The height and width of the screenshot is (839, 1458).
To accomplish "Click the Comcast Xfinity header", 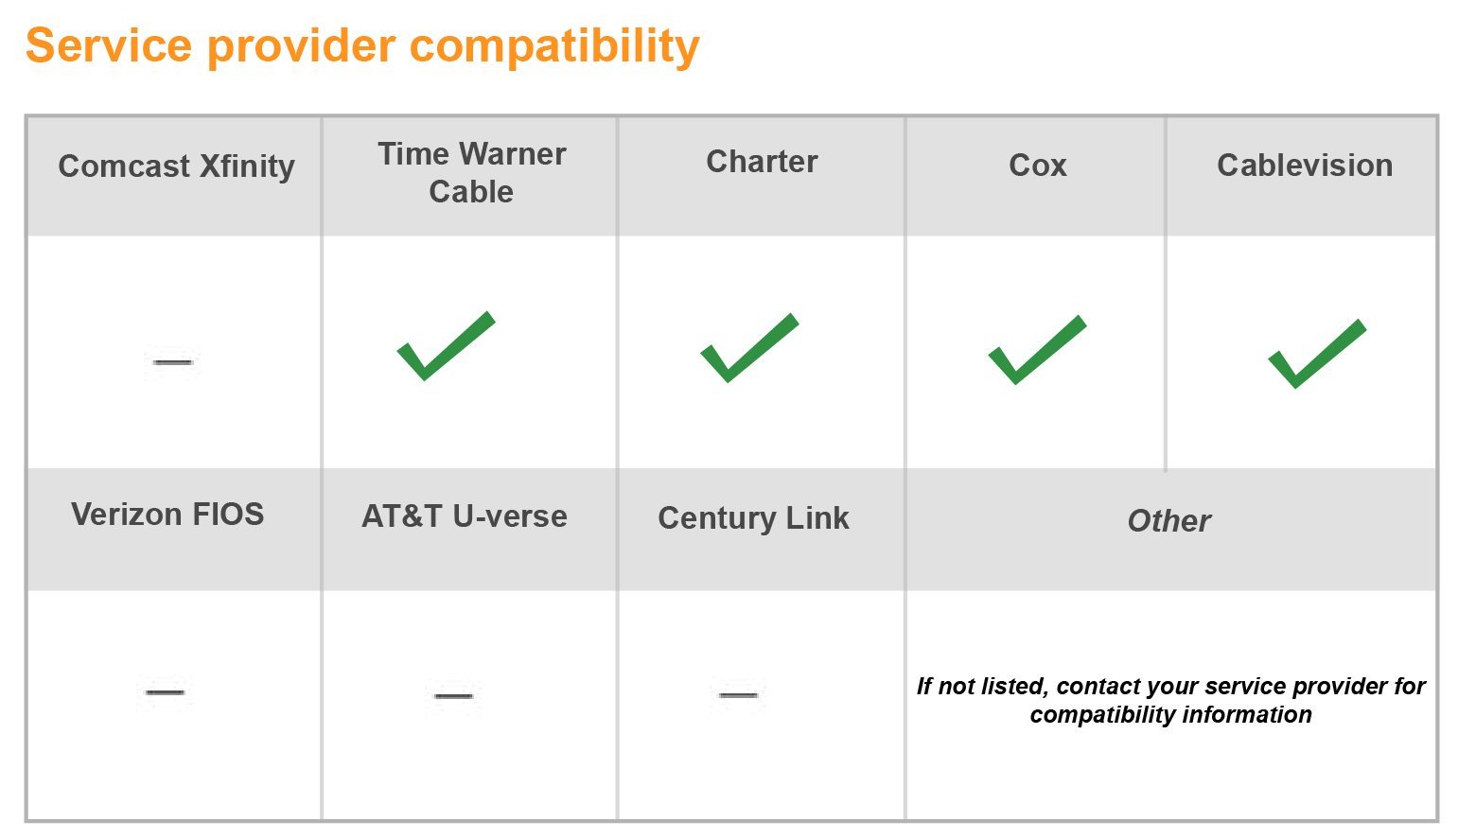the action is (176, 166).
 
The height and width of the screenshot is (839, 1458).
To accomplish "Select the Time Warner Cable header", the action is (471, 172).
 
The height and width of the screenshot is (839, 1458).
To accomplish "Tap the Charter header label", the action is (762, 162).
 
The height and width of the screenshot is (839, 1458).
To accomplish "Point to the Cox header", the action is (1038, 166).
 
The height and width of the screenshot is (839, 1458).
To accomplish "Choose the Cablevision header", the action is (1305, 166).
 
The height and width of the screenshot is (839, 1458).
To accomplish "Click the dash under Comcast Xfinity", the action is (172, 362).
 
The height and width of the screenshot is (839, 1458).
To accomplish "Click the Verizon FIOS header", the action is (167, 515).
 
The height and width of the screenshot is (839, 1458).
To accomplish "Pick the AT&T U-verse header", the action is (465, 516).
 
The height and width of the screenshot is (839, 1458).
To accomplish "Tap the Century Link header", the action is (753, 518).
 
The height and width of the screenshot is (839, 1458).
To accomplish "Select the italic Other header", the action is (1169, 521).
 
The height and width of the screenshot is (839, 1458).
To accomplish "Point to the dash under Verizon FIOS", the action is (165, 691).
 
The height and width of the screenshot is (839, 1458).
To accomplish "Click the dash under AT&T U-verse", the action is (453, 696).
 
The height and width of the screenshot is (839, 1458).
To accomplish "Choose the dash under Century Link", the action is (738, 695).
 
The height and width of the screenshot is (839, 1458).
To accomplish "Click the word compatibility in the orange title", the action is (554, 47).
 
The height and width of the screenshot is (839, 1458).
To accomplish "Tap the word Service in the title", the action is (109, 45).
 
